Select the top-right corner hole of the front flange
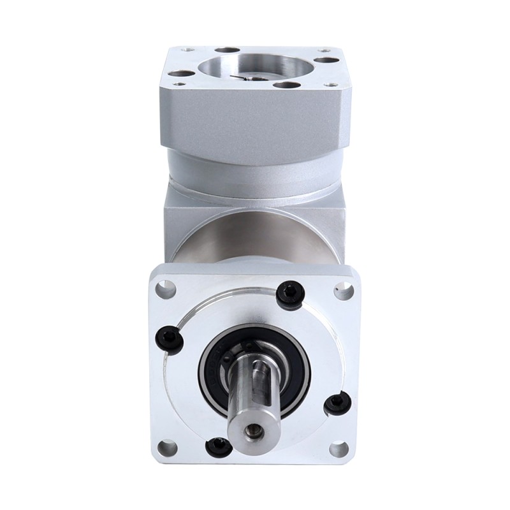[x=343, y=290]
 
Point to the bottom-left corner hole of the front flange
[x=167, y=448]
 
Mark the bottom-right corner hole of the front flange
[x=339, y=449]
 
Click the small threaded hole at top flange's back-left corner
[x=187, y=49]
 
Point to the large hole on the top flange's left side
[x=184, y=74]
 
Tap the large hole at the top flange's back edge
[x=227, y=50]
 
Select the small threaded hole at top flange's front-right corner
[x=330, y=84]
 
